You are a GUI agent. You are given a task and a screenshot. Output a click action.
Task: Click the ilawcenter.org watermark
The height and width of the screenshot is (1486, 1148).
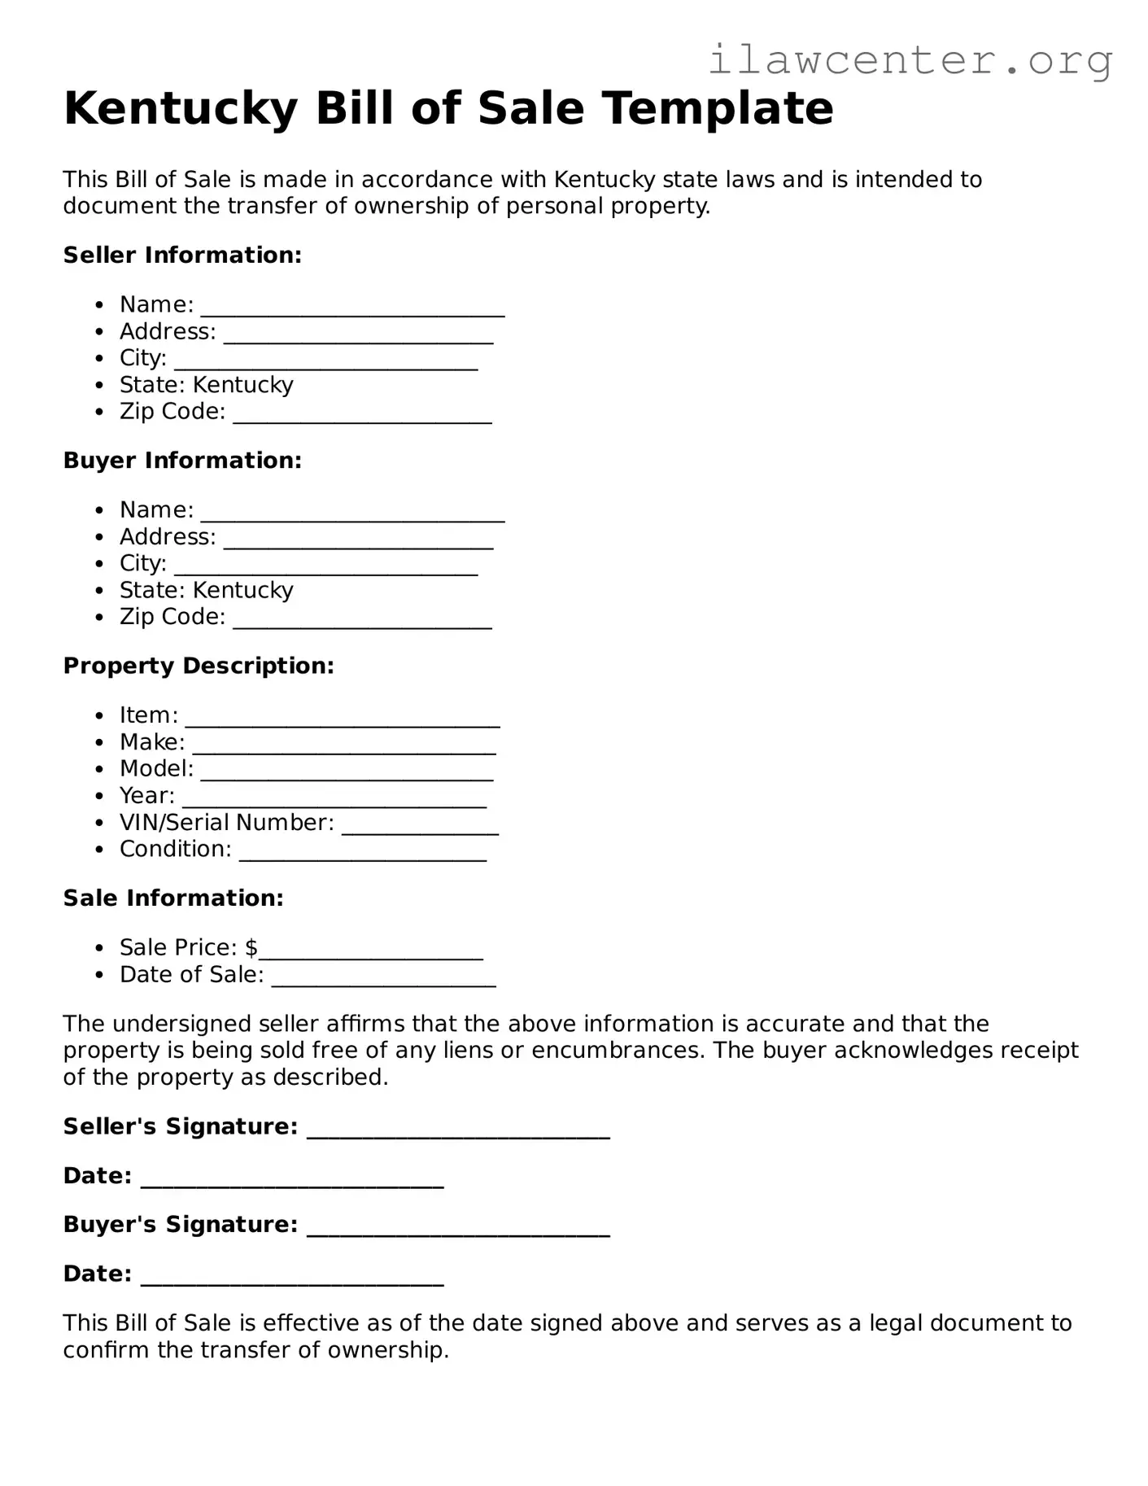click(910, 60)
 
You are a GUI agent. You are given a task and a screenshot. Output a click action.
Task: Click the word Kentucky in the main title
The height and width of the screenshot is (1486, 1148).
click(181, 108)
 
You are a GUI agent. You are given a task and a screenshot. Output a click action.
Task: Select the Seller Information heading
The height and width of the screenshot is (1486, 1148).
click(182, 255)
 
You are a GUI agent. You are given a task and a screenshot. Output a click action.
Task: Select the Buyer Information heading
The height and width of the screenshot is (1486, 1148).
click(182, 460)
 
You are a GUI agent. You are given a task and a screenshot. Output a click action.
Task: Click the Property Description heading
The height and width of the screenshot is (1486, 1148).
click(199, 666)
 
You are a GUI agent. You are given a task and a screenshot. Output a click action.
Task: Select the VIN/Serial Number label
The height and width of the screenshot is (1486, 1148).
click(226, 822)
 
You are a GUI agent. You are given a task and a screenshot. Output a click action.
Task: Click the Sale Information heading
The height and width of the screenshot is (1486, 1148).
click(173, 898)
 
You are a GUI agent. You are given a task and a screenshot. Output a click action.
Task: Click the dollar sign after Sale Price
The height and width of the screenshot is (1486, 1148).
click(251, 947)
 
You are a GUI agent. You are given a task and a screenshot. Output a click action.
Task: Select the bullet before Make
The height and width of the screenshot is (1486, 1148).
click(99, 742)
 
